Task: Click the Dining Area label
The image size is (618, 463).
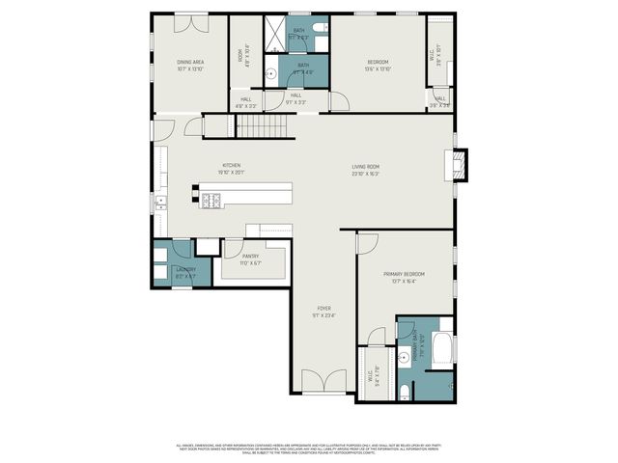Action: click(x=189, y=64)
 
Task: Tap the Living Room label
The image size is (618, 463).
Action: click(x=365, y=170)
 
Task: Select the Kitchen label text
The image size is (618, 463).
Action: click(x=232, y=168)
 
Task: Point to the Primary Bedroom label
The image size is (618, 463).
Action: click(x=404, y=277)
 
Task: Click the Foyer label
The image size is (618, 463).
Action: click(x=323, y=311)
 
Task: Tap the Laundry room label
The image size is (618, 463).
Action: click(x=185, y=272)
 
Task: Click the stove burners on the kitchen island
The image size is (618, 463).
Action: click(x=211, y=201)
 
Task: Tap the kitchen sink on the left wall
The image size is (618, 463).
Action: click(x=159, y=203)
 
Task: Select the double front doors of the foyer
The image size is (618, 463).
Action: click(x=323, y=383)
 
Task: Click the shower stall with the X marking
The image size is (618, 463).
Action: click(x=276, y=35)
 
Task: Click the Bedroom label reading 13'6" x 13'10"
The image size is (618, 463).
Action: click(x=378, y=64)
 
